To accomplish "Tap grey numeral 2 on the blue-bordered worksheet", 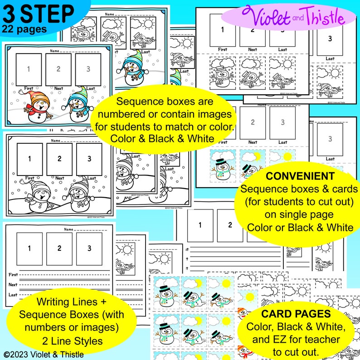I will [58, 69].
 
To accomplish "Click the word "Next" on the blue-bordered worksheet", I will [58, 88].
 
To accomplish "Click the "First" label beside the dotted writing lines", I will [14, 275].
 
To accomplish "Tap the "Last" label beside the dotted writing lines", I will [14, 295].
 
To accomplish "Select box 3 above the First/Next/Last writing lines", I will [89, 248].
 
